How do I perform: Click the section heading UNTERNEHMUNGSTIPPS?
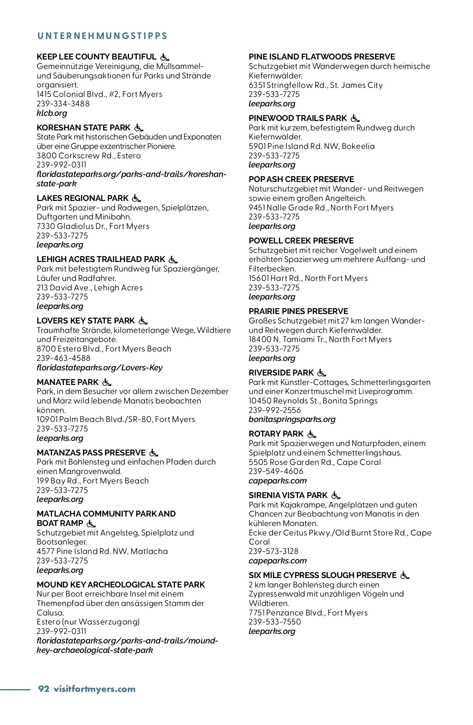pos(102,36)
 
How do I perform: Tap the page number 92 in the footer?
pos(43,689)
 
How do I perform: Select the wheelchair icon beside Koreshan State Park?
pos(139,128)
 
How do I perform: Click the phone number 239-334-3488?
pos(63,104)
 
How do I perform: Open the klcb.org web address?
pos(52,113)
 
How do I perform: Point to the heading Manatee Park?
pos(67,382)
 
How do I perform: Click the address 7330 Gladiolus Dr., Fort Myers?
pos(93,226)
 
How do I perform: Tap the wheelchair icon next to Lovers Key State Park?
pos(143,321)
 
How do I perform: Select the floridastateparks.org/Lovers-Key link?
pos(100,368)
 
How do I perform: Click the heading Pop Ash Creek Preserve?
pos(301,179)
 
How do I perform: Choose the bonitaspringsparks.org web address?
pos(292,419)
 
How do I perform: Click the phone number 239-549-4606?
pos(276,471)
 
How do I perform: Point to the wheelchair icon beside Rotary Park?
pos(312,434)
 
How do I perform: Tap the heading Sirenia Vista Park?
pos(288,495)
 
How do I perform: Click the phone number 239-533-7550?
pos(275,622)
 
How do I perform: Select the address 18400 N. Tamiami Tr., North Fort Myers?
pos(320,339)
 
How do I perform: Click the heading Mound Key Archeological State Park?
pos(121,585)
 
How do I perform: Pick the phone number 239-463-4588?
pos(63,358)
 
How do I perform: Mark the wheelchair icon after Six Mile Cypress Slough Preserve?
pos(405,576)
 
